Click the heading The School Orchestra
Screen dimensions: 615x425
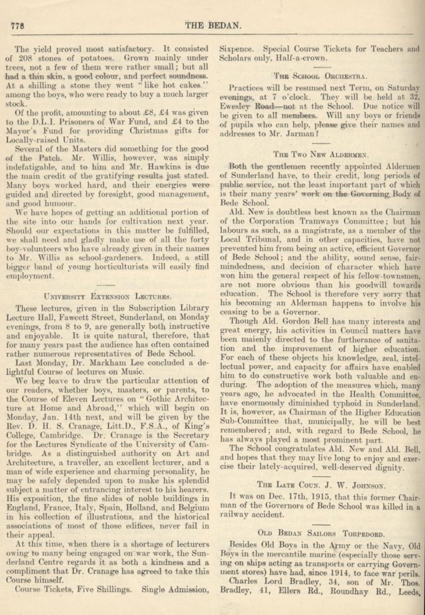coord(320,76)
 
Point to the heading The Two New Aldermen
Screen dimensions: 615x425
coord(320,154)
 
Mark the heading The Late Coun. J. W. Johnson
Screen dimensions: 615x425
coord(320,485)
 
